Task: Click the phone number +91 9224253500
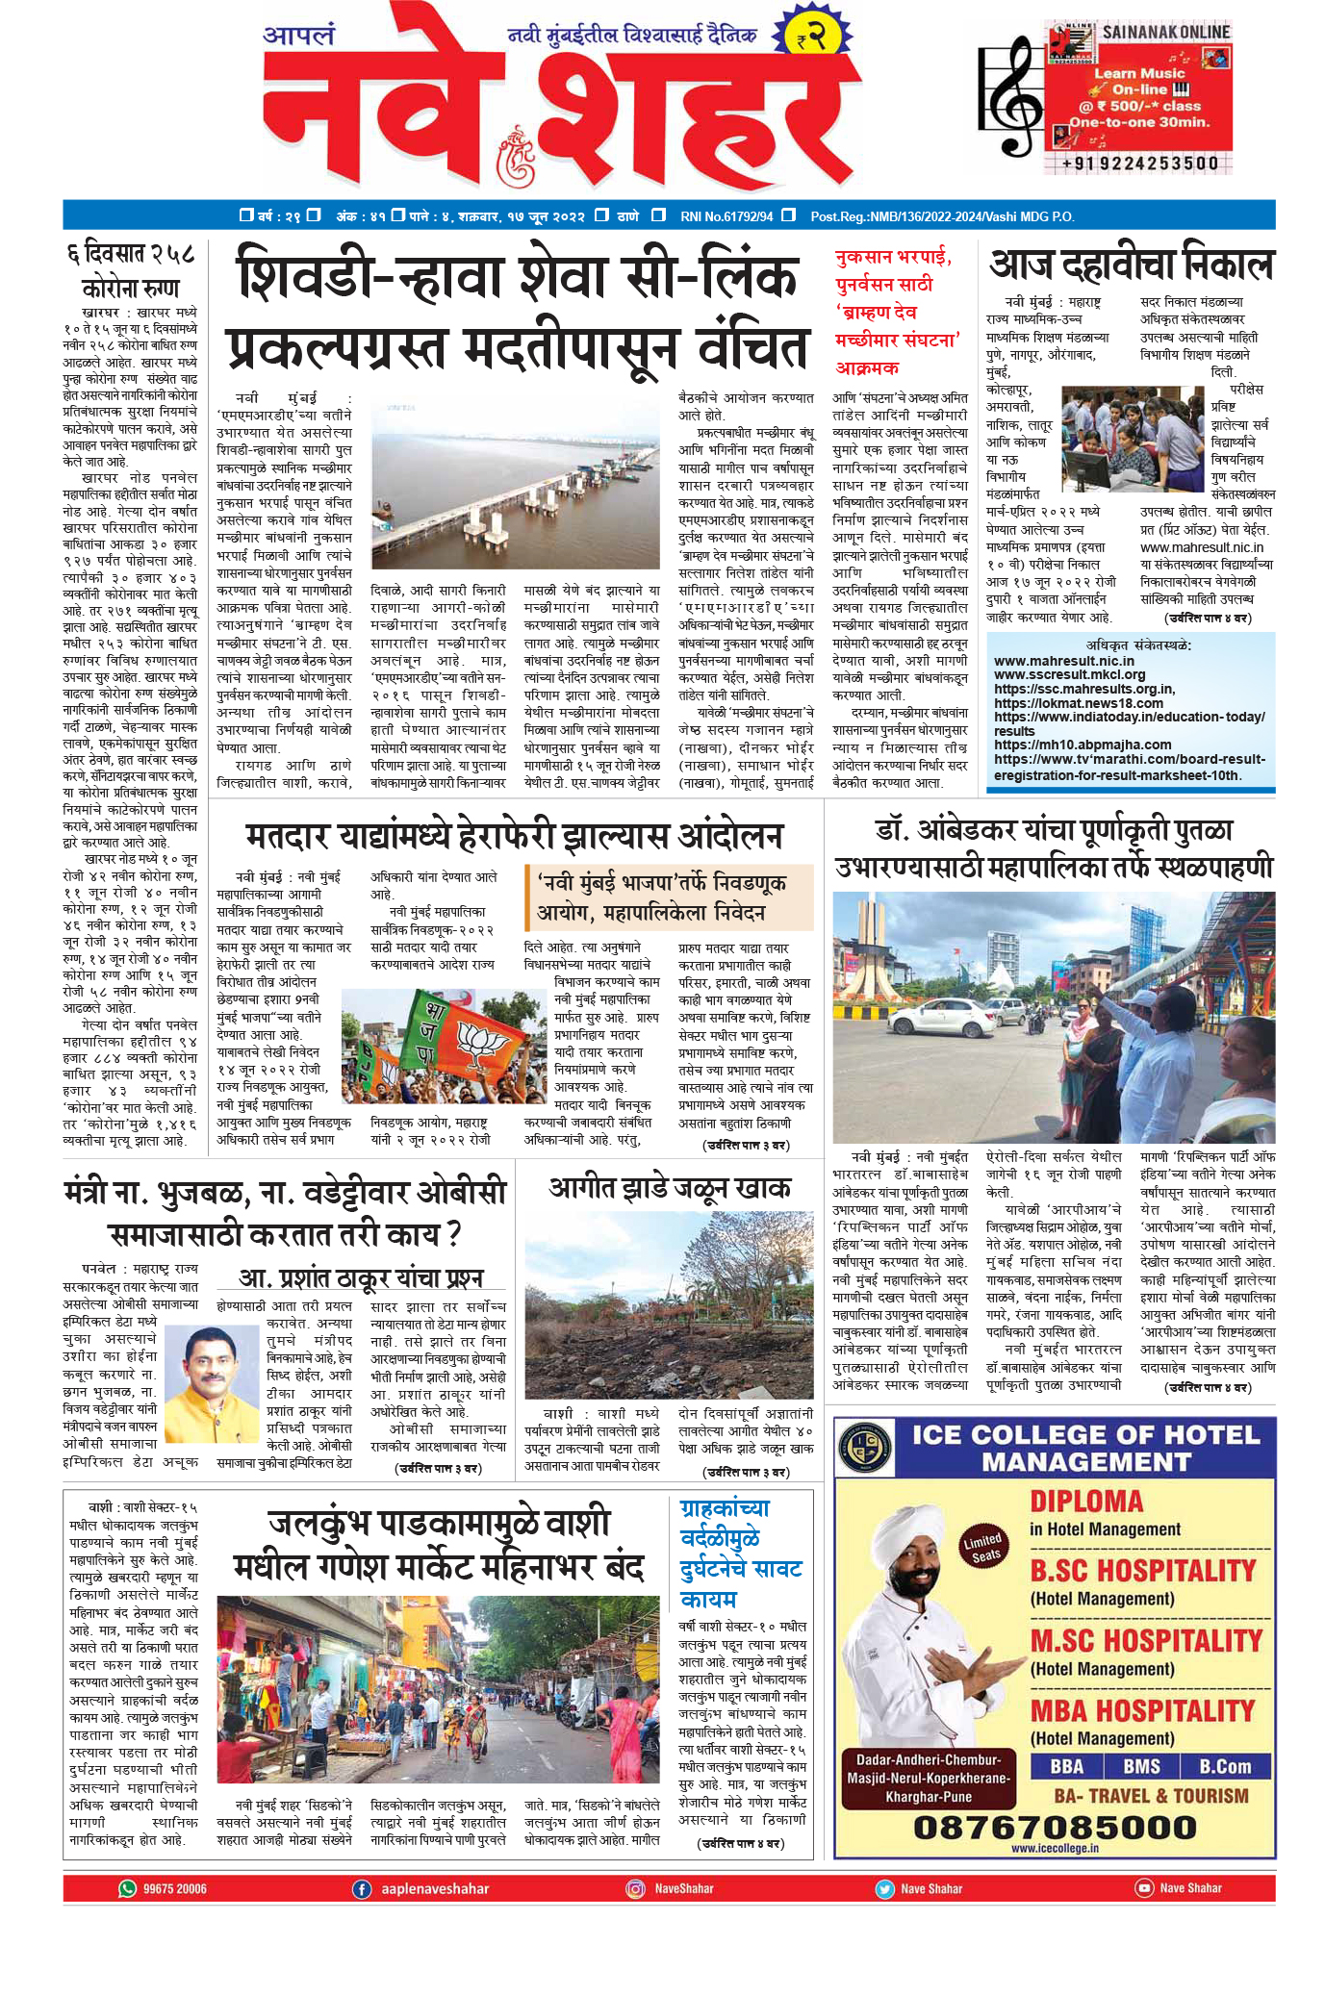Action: coord(1140,164)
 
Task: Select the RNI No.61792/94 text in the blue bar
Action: coord(726,216)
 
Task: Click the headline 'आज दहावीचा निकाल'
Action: coord(1132,264)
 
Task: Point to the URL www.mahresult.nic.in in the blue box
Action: coord(1063,661)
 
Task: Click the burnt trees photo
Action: coord(669,1305)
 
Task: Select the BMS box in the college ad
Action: coord(1141,1766)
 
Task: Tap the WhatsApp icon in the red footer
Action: coord(127,1888)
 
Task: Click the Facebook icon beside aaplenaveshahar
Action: coord(362,1888)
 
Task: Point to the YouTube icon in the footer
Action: coord(1144,1887)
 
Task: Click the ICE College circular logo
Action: coord(864,1446)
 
